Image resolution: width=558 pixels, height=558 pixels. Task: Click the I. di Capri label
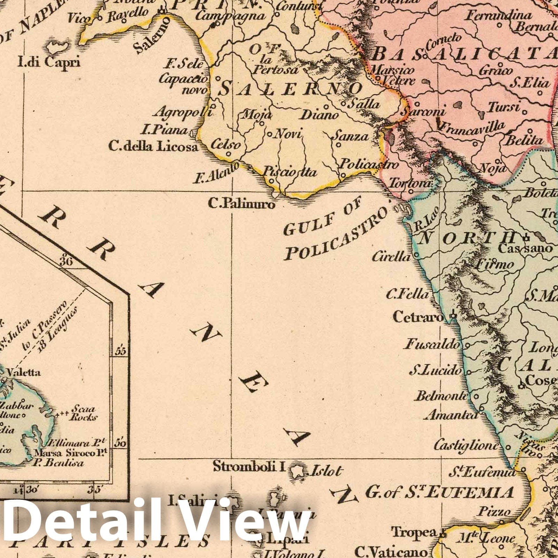pos(49,62)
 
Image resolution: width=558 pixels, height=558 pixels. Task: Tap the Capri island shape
pos(58,46)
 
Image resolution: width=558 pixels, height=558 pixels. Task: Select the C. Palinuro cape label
pos(241,203)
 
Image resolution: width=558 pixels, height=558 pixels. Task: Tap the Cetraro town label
pos(418,317)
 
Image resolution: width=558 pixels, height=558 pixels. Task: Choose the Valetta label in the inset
pos(24,372)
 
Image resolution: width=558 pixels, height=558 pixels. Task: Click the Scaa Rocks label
pos(83,413)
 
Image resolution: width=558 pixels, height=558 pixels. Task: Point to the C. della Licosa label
pos(153,146)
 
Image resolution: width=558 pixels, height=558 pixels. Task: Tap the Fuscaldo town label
pos(432,345)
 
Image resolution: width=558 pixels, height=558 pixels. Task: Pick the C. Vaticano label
pos(391,552)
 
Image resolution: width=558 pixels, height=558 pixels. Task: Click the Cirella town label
pos(391,257)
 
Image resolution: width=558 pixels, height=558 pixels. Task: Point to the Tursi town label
pos(504,106)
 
